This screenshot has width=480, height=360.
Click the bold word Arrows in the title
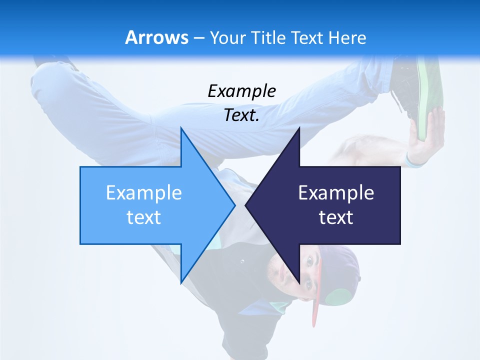point(157,37)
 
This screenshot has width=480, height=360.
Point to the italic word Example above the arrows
point(241,91)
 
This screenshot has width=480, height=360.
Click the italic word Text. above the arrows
point(241,115)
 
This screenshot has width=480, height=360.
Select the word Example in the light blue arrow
point(144,192)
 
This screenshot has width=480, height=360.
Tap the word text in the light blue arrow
point(144,217)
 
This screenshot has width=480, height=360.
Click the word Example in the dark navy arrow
point(336,192)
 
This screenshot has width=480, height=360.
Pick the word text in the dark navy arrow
point(336,217)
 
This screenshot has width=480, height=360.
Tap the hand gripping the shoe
point(425,137)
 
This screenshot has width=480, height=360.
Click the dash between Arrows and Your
point(198,38)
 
